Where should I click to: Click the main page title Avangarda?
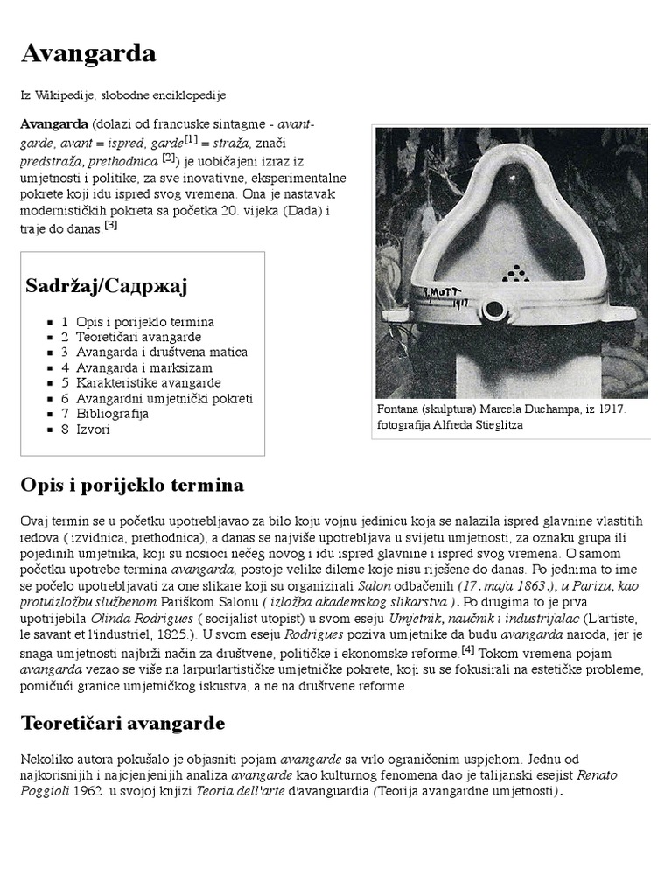(x=88, y=54)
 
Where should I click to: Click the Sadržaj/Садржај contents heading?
(x=107, y=286)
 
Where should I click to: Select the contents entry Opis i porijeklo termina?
(x=144, y=322)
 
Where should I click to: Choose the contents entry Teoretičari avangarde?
(x=138, y=337)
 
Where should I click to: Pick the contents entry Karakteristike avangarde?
(x=148, y=382)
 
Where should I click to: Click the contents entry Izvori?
(x=93, y=429)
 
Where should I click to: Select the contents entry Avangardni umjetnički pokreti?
(x=164, y=398)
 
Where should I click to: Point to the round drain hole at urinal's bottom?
(x=496, y=309)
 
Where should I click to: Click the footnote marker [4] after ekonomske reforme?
(x=468, y=650)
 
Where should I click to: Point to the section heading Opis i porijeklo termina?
(x=132, y=485)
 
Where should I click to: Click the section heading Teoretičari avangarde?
(x=122, y=724)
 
